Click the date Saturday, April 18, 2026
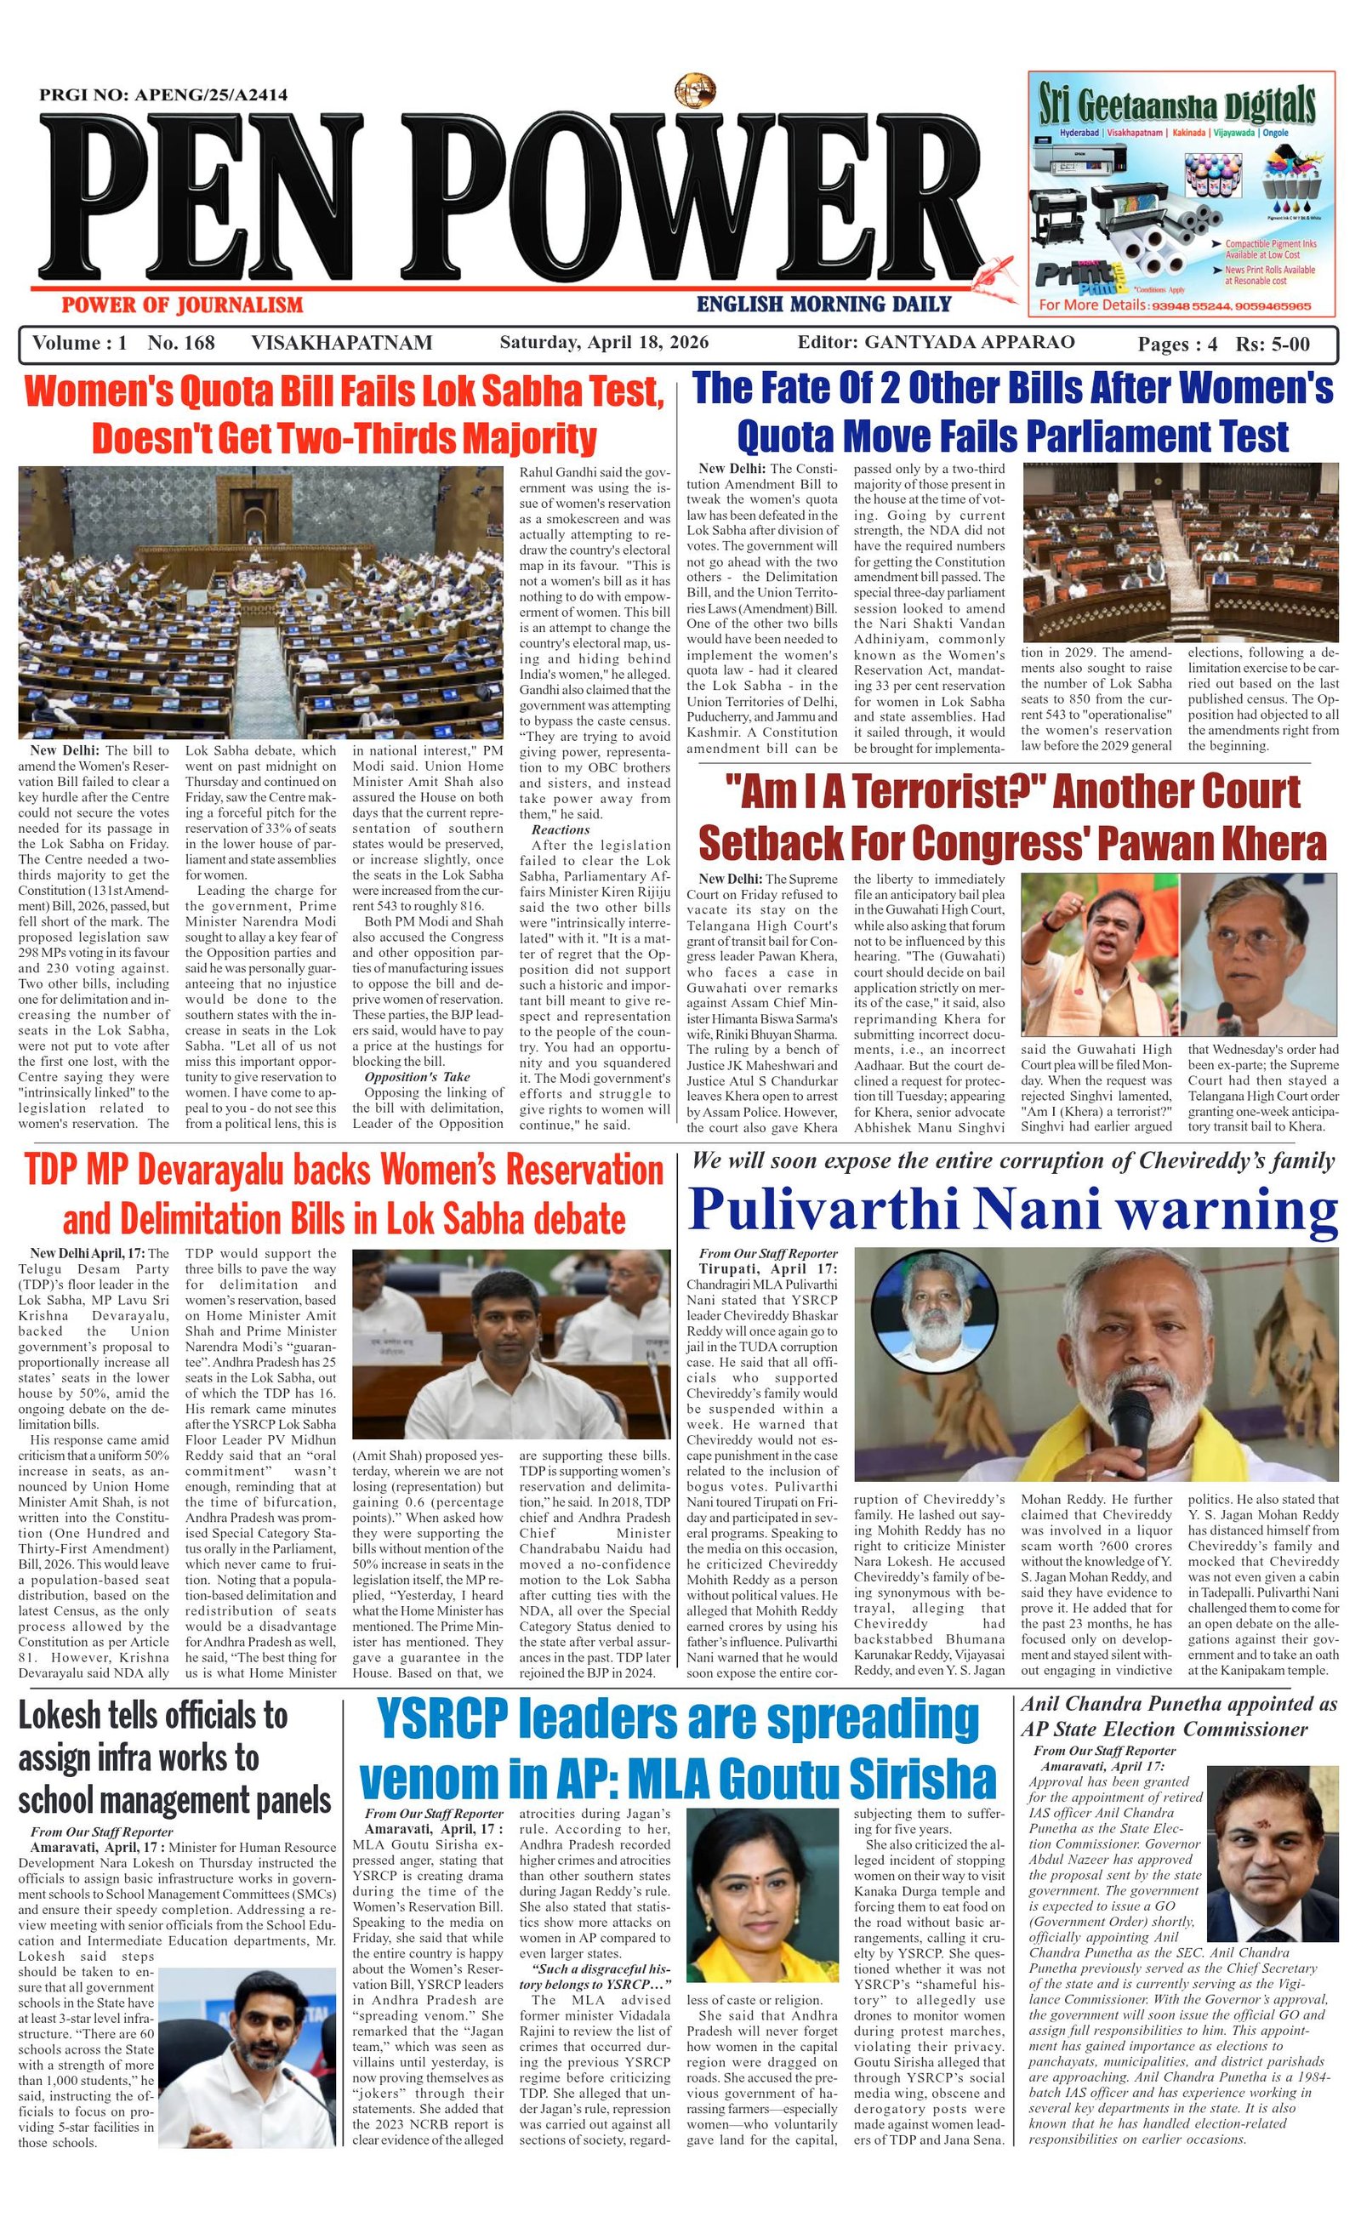pos(603,343)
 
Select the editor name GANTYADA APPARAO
pos(970,343)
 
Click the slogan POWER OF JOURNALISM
pos(181,305)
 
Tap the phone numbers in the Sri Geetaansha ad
pos(1229,305)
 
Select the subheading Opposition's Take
pos(417,1077)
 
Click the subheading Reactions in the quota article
pos(560,829)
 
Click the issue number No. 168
pos(181,343)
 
